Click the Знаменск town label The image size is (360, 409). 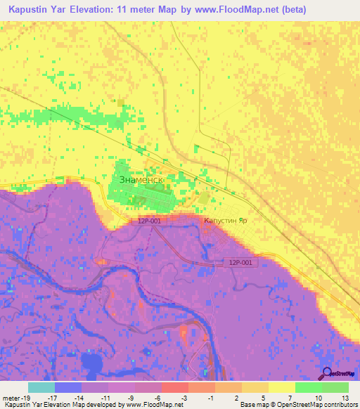pyautogui.click(x=141, y=180)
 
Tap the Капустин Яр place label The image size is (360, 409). pyautogui.click(x=225, y=220)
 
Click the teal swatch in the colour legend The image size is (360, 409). pyautogui.click(x=41, y=387)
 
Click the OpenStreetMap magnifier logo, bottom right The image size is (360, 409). pyautogui.click(x=327, y=372)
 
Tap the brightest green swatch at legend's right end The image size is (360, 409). pyautogui.click(x=335, y=387)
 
